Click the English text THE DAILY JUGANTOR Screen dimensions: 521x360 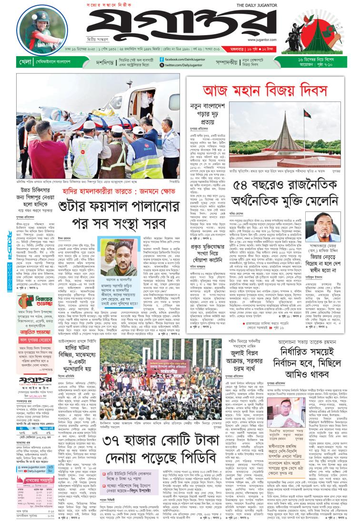pyautogui.click(x=260, y=6)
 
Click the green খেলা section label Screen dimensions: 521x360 pyautogui.click(x=26, y=62)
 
